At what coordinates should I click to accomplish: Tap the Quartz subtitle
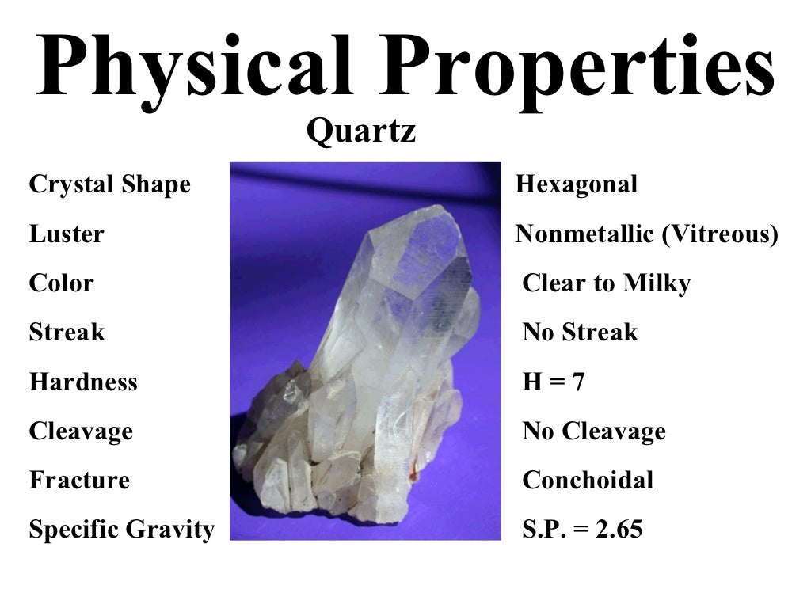point(361,131)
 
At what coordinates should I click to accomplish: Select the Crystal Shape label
point(109,185)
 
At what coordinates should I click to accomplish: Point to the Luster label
point(66,234)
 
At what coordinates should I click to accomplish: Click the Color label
point(61,283)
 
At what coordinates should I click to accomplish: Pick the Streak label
point(67,332)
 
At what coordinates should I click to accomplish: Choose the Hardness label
point(83,382)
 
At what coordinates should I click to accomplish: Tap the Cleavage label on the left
point(81,431)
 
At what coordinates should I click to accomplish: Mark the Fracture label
point(79,481)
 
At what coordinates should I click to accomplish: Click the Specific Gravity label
point(121,530)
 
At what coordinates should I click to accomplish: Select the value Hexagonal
point(576,185)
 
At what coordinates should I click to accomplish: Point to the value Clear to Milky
point(607,283)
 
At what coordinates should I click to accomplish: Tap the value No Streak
point(580,332)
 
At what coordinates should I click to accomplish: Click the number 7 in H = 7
point(578,382)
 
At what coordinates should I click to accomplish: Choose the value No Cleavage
point(594,431)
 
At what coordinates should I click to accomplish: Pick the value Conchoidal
point(588,481)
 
